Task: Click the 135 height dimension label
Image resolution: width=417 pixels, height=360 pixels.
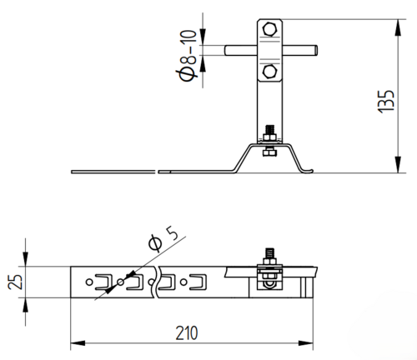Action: click(386, 101)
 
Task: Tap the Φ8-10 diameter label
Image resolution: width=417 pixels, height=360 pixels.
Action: click(188, 56)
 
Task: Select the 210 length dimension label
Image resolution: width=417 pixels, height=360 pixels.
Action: click(187, 332)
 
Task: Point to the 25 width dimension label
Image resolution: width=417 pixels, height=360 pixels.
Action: click(15, 282)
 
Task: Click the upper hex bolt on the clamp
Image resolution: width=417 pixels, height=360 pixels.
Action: click(269, 29)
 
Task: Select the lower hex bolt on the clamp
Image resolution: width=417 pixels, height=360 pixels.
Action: click(269, 72)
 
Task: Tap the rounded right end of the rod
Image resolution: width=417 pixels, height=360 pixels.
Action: click(316, 50)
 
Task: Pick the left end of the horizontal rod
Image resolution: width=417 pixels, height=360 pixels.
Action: click(226, 50)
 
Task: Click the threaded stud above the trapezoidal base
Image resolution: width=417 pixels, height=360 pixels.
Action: click(269, 130)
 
